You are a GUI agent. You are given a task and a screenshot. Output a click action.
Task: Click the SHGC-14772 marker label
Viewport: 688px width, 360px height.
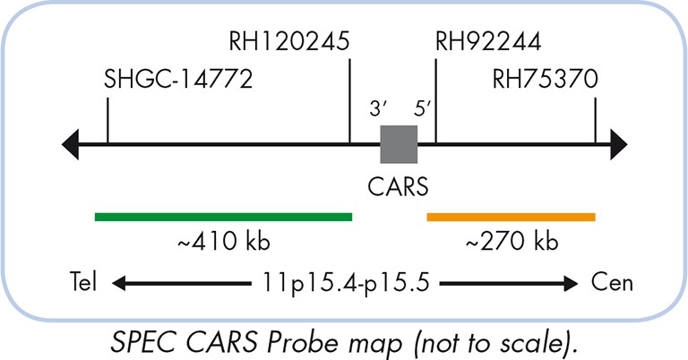(179, 79)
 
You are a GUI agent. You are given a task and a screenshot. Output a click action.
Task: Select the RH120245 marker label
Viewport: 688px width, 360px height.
(288, 41)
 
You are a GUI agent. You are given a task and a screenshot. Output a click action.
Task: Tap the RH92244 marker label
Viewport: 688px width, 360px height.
(488, 41)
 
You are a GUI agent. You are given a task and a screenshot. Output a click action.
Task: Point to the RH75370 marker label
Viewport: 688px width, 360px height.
(545, 79)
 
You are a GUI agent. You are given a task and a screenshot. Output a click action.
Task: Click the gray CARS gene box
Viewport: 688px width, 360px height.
(399, 144)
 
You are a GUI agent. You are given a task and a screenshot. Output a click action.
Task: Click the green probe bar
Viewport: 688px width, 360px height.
(224, 216)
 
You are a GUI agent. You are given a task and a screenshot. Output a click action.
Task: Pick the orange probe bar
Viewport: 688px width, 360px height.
(511, 216)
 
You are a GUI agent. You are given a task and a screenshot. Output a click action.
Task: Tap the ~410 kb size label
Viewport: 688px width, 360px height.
(223, 242)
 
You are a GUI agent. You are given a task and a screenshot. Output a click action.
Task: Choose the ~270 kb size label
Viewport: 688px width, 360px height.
(512, 242)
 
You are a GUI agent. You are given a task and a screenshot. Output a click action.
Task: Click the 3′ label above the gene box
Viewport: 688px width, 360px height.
(378, 109)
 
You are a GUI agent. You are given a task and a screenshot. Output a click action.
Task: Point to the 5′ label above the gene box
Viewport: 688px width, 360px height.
(423, 109)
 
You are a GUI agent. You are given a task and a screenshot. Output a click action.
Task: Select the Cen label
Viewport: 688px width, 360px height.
(613, 285)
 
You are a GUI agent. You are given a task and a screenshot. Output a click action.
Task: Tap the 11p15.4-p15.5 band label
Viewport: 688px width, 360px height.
(345, 285)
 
